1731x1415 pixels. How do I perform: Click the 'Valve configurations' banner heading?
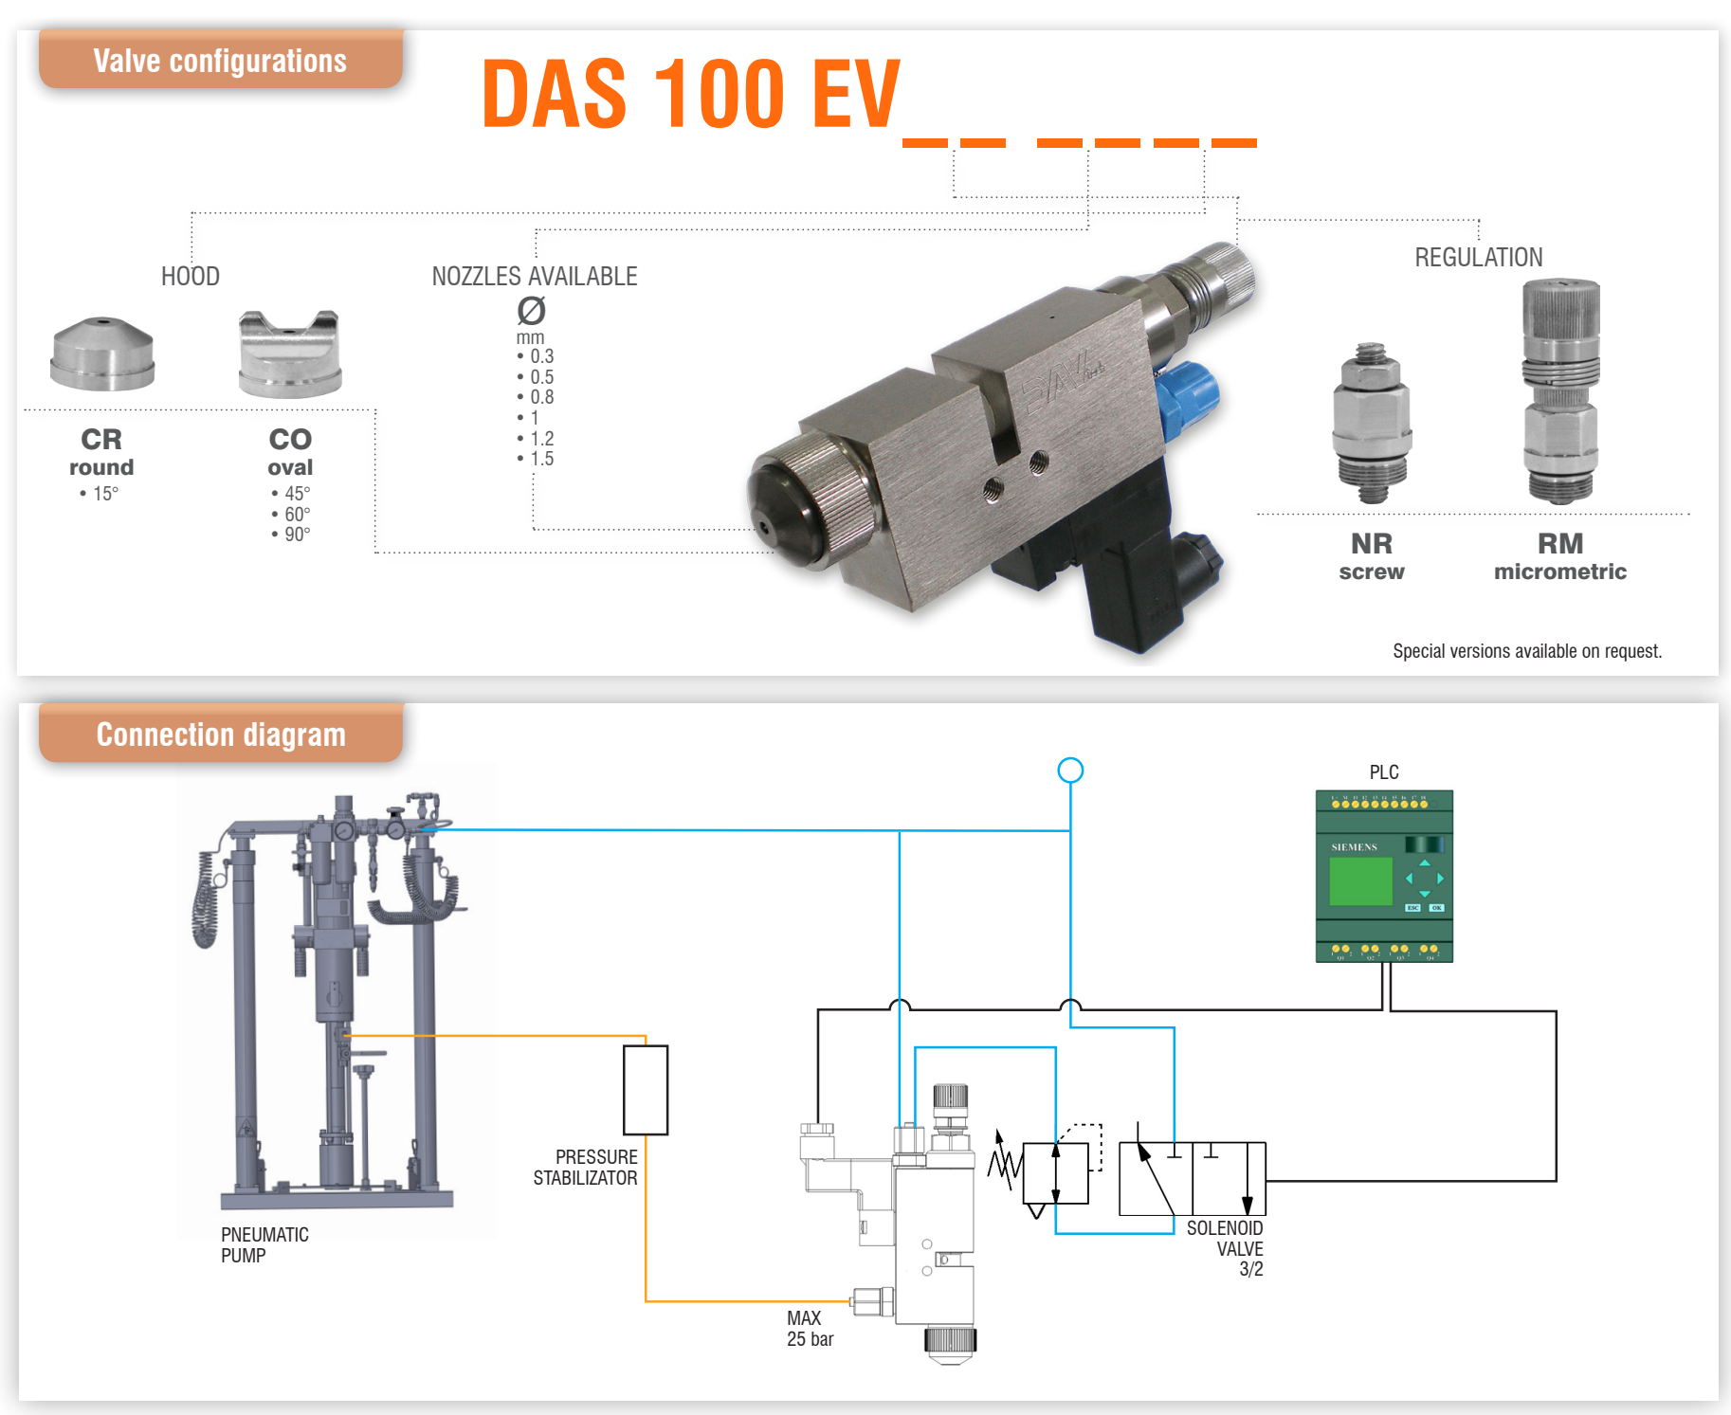220,61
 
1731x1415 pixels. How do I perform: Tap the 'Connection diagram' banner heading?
221,735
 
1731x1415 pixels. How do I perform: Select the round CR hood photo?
102,354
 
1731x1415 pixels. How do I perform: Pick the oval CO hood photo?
289,354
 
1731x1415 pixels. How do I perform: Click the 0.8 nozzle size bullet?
537,397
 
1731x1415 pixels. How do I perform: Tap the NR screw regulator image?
1371,423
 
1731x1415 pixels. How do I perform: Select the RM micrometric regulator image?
1560,390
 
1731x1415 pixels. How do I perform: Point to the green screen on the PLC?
1360,880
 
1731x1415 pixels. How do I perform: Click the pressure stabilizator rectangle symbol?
646,1090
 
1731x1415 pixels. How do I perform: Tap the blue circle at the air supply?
1070,771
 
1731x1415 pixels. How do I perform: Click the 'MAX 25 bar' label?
810,1329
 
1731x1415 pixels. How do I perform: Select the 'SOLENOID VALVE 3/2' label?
1226,1248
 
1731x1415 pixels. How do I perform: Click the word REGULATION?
1478,258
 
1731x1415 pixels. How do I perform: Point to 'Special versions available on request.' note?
1526,651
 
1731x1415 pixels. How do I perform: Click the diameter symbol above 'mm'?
531,310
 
